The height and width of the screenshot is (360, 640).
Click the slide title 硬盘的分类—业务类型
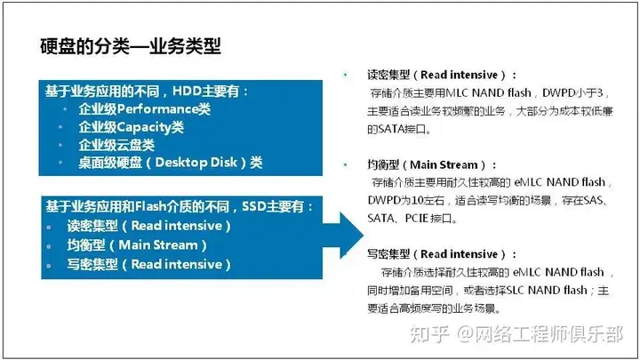[130, 46]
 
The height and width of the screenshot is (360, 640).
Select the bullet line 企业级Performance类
[145, 109]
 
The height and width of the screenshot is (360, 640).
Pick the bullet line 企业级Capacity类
[131, 127]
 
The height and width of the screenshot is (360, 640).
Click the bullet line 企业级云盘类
[116, 145]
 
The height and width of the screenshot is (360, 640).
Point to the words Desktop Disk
[196, 163]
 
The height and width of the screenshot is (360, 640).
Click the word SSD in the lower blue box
[254, 206]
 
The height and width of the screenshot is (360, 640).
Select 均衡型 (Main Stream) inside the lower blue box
[137, 245]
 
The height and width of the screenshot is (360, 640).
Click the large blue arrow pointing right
[344, 235]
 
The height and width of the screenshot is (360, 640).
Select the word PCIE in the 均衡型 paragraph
[416, 219]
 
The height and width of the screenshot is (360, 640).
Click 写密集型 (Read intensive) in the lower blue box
[149, 264]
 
